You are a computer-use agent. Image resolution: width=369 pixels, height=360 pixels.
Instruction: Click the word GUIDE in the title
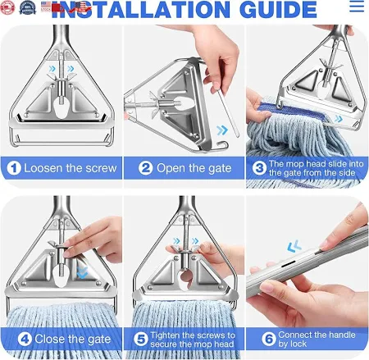[x=278, y=10]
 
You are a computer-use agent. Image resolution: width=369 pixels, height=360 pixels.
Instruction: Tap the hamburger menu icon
[x=357, y=7]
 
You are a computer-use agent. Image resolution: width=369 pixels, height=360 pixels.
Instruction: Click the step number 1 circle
[x=14, y=168]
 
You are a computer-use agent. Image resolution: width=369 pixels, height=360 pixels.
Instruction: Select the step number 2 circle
[x=145, y=168]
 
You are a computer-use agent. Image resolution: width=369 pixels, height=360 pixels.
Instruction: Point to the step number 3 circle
[x=259, y=168]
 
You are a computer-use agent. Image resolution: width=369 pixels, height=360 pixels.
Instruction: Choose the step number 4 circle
[x=25, y=339]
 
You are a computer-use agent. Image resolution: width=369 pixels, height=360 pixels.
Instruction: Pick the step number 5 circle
[x=141, y=339]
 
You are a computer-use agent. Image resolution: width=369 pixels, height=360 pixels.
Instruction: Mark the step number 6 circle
[x=269, y=339]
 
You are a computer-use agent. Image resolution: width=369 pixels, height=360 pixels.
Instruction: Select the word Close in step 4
[x=50, y=339]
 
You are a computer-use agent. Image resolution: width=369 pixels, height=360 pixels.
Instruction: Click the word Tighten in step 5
[x=165, y=335]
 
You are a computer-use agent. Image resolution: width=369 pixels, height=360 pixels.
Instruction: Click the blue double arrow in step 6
[x=294, y=246]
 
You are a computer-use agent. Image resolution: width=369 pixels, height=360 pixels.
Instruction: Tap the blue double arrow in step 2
[x=222, y=130]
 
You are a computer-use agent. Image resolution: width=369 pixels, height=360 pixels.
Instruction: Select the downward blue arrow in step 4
[x=82, y=272]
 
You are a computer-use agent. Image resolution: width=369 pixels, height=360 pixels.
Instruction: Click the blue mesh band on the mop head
[x=291, y=113]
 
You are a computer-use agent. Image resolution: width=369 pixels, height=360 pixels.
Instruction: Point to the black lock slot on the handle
[x=288, y=264]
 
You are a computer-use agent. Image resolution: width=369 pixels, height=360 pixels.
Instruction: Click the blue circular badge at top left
[x=27, y=7]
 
